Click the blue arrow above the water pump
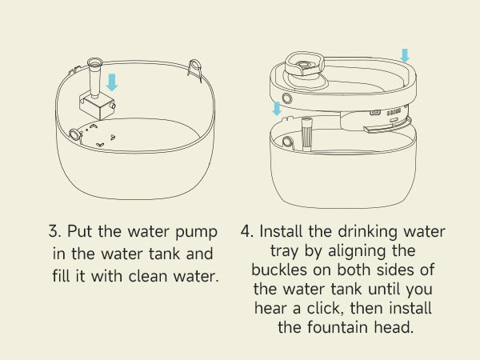[112, 82]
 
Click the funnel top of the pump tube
[94, 62]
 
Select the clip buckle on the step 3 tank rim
[195, 70]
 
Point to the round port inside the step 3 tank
[75, 134]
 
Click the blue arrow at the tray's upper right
[405, 56]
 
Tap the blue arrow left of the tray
[277, 109]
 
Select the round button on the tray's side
[287, 98]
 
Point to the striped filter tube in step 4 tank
[307, 134]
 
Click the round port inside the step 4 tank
[287, 142]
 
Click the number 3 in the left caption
[54, 231]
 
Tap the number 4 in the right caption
[246, 231]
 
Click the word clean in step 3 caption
[149, 276]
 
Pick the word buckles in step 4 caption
[279, 270]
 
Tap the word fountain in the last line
[338, 327]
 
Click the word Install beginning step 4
[281, 231]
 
